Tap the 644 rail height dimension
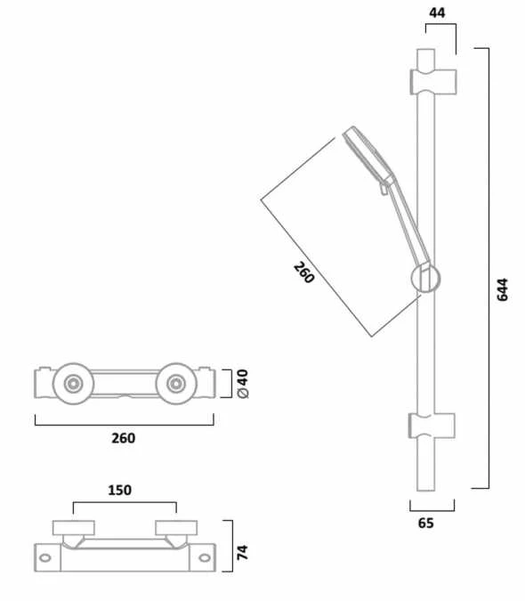coord(502,289)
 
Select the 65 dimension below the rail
coord(425,524)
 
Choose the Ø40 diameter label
coord(241,384)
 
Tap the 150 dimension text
coord(120,490)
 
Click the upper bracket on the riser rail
coord(432,79)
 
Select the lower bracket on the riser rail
coord(432,425)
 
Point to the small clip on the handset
coord(386,185)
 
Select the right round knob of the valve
coord(174,384)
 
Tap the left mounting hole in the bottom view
coord(45,558)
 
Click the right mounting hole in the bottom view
coord(206,558)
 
